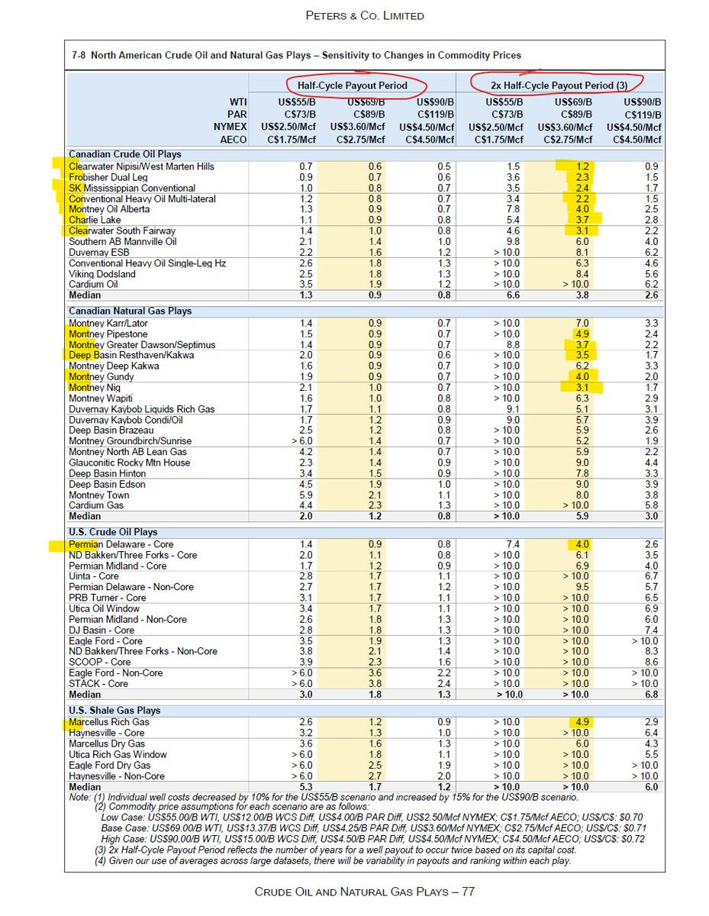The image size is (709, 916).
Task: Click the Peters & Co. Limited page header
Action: (364, 15)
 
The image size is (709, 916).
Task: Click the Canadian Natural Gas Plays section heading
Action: (130, 311)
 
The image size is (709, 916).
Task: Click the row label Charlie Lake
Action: (95, 220)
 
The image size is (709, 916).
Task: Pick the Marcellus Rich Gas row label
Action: (109, 722)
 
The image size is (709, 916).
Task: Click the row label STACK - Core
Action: (98, 684)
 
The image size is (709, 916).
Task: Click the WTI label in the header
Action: (238, 102)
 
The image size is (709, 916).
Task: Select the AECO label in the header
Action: (234, 140)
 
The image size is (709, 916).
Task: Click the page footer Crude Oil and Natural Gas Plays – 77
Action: (364, 892)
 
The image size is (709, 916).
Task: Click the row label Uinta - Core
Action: (94, 576)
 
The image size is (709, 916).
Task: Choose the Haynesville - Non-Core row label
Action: (117, 776)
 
